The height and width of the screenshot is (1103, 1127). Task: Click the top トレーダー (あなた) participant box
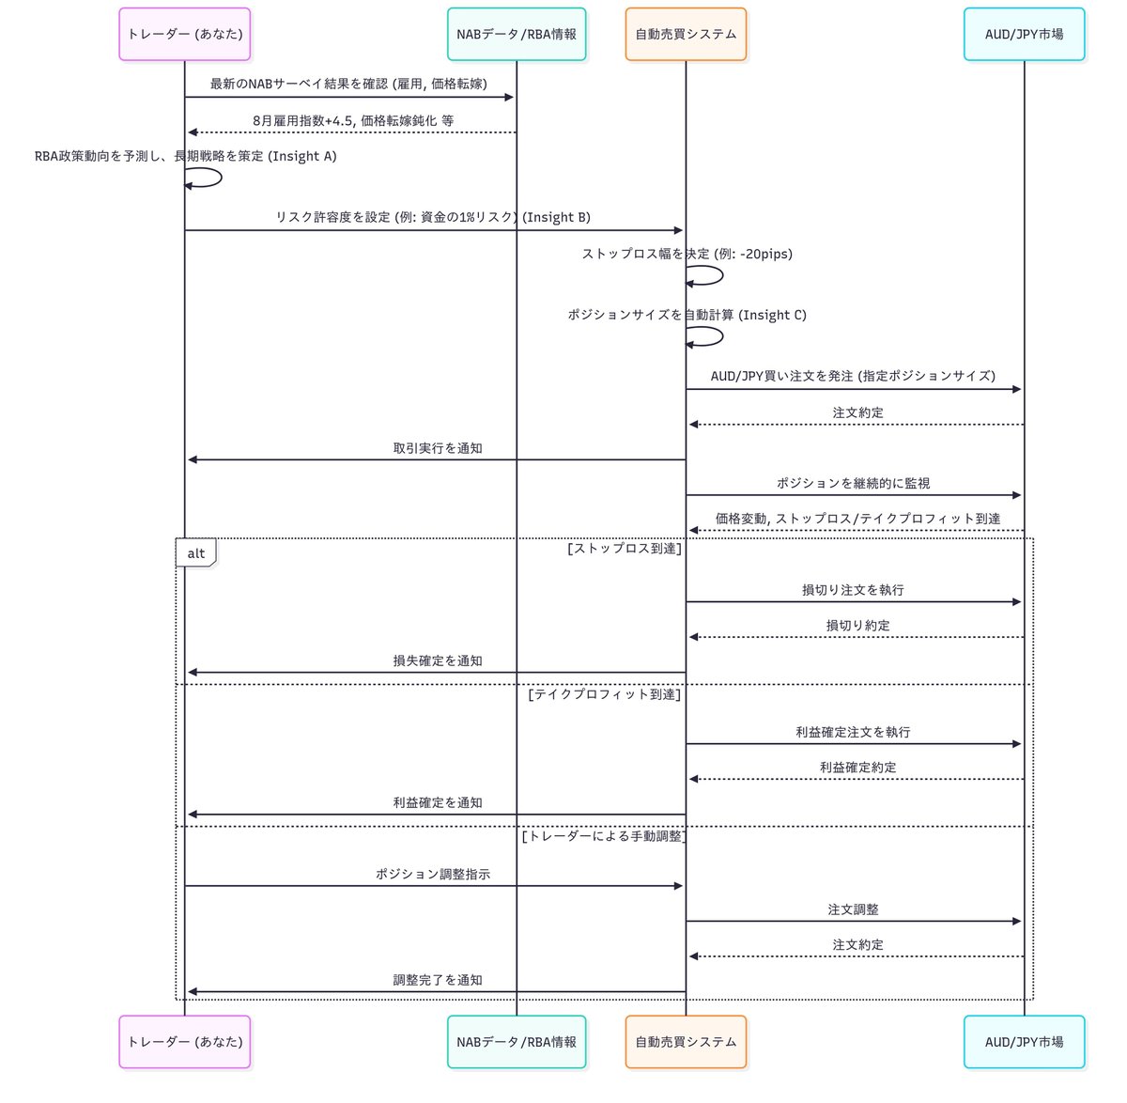[x=185, y=35]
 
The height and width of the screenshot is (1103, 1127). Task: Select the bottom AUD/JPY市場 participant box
[x=1024, y=1042]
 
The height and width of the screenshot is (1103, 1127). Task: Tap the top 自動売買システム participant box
[x=686, y=35]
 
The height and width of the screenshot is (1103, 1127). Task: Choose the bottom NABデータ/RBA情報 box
[x=517, y=1042]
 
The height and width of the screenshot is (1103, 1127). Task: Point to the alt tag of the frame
[x=195, y=553]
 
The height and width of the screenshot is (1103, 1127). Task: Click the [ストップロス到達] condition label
[x=625, y=548]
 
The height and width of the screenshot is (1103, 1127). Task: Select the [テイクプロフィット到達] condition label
[x=605, y=694]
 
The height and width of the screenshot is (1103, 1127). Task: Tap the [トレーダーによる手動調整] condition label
[x=604, y=836]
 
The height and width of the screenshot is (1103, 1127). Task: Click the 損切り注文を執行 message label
[x=853, y=590]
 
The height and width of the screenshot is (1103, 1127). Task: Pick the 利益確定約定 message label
[x=857, y=768]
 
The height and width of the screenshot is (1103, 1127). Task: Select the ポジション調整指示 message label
[x=433, y=874]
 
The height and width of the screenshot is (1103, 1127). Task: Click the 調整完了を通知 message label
[x=438, y=980]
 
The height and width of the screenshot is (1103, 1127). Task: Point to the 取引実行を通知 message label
[x=438, y=448]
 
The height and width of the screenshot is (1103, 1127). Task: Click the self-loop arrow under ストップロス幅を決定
[x=706, y=275]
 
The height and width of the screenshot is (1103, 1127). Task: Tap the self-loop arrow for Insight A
[x=205, y=178]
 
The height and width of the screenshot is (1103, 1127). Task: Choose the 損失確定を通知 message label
[x=438, y=660]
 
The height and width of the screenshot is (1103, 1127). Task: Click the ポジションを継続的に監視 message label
[x=853, y=483]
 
